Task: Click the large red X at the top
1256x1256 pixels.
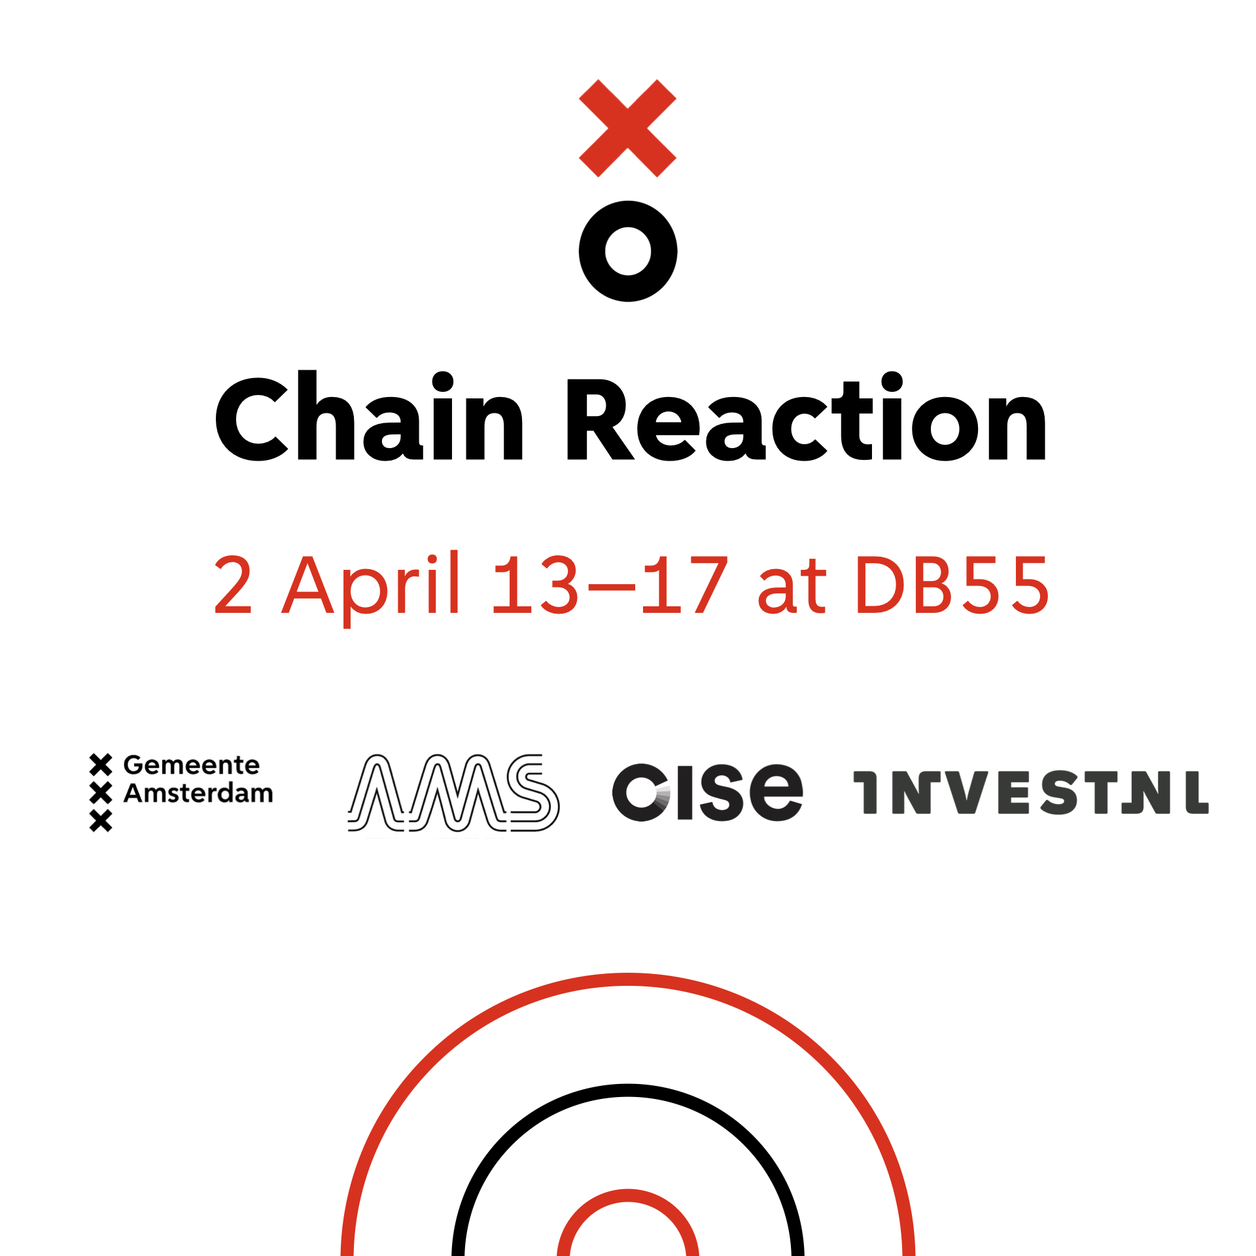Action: pos(627,128)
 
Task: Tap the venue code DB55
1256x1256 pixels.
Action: pos(952,585)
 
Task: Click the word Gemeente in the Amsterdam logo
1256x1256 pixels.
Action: pos(192,765)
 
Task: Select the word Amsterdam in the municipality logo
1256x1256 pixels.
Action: pos(198,793)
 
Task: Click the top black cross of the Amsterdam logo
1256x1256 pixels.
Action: pos(101,765)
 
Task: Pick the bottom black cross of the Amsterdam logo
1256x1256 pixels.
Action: pos(101,820)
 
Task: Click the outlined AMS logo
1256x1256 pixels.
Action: pos(453,793)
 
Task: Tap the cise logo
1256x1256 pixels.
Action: pos(707,792)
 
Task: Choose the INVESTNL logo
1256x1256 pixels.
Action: pos(1031,792)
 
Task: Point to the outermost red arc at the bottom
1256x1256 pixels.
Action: pos(628,979)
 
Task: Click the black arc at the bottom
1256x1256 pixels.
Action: pos(628,1090)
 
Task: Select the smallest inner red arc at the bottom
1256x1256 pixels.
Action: pos(628,1196)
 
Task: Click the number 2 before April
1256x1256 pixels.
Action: pos(233,584)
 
